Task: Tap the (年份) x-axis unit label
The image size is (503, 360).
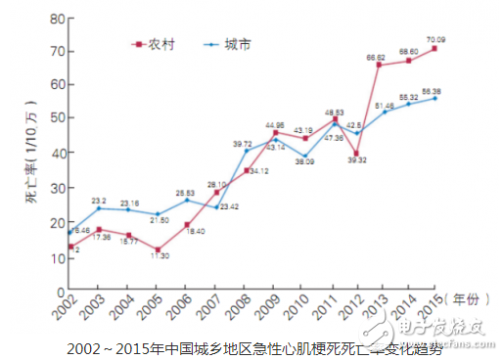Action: click(x=468, y=294)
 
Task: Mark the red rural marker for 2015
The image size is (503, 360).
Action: click(x=434, y=48)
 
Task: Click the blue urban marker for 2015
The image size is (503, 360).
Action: click(x=434, y=98)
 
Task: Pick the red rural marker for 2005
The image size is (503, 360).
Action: click(x=158, y=248)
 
